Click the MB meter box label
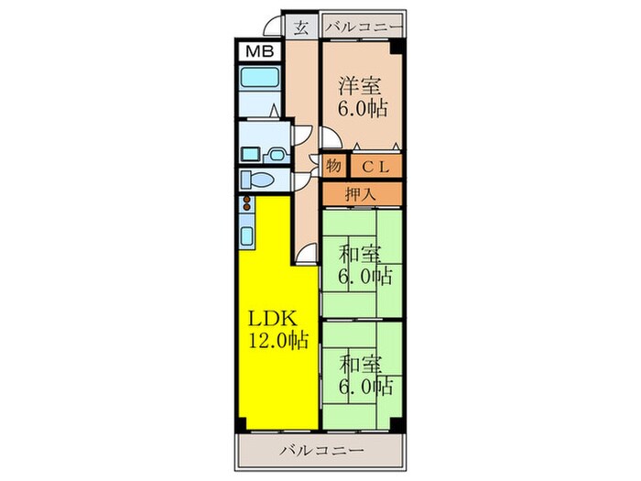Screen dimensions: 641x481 click(x=260, y=52)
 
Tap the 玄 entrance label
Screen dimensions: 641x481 click(x=301, y=27)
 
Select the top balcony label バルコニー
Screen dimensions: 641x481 click(x=364, y=27)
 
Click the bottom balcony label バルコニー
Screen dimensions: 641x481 click(x=321, y=451)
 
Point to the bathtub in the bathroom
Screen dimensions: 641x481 click(x=259, y=77)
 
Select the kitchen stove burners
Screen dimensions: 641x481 click(x=246, y=203)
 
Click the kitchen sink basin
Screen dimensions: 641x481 click(x=247, y=235)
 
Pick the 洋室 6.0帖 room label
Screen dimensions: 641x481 click(x=363, y=97)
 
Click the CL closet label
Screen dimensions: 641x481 click(x=376, y=167)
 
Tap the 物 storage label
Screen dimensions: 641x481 click(x=333, y=166)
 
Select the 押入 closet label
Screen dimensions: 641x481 click(x=361, y=194)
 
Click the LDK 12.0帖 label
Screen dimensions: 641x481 click(x=278, y=329)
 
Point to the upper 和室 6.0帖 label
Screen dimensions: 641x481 click(x=364, y=265)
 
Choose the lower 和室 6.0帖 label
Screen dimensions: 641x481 click(x=365, y=375)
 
